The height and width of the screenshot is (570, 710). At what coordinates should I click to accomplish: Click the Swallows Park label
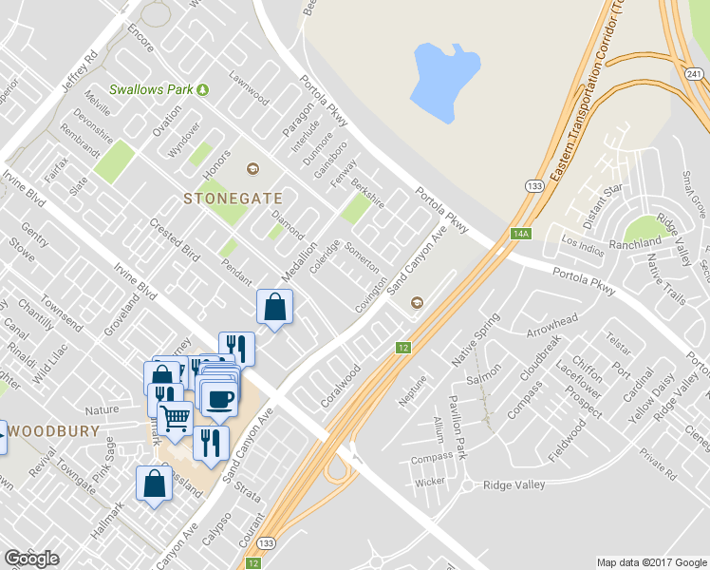coord(152,90)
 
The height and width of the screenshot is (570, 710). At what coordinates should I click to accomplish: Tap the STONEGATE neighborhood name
coord(233,198)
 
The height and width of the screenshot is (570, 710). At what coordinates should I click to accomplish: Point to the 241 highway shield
coord(698,54)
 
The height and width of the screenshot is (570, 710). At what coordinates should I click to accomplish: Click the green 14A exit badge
coord(519,234)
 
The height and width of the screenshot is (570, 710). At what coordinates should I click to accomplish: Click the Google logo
coord(31,559)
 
